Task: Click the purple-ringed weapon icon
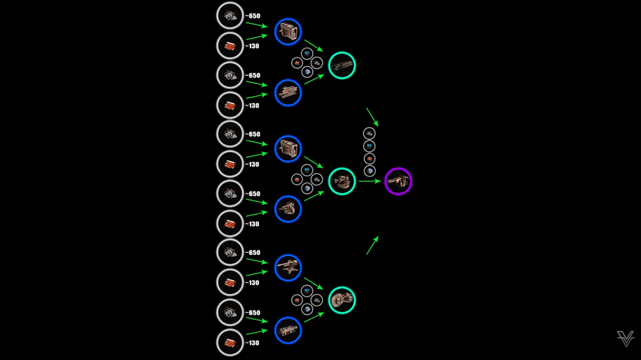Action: tap(398, 182)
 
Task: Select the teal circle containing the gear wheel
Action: tap(342, 300)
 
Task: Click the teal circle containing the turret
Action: tap(342, 181)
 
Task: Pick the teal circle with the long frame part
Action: tap(342, 65)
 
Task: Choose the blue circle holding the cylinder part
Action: tap(288, 330)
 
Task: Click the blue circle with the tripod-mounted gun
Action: tap(288, 267)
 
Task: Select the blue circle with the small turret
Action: tap(288, 209)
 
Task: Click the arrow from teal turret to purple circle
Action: tap(370, 181)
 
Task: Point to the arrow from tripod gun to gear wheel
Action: tap(313, 283)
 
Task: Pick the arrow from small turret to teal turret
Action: tap(313, 195)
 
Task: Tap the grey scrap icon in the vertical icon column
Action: tap(369, 133)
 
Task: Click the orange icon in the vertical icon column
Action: tap(369, 158)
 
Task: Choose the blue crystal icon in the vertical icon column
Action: tap(369, 145)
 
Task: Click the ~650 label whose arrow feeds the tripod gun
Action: tap(252, 252)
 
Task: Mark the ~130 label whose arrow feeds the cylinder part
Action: tap(252, 343)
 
